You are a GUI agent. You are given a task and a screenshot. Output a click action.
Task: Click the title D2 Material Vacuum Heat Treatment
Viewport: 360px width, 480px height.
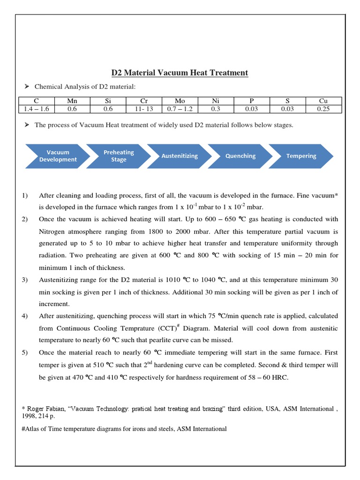point(180,73)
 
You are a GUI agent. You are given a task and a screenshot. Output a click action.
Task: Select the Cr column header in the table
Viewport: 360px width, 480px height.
point(143,101)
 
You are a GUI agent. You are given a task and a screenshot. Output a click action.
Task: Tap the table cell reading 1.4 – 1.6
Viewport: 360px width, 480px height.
point(36,109)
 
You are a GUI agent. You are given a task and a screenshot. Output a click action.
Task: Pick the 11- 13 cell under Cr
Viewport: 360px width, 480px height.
point(143,109)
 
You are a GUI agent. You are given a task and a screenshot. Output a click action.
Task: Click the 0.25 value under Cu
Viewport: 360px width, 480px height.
point(323,109)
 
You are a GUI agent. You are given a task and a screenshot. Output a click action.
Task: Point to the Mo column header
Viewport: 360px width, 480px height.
point(180,101)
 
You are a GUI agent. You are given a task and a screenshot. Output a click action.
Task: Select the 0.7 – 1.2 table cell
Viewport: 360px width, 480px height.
point(180,109)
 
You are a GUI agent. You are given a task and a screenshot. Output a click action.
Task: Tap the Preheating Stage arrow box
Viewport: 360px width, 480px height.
point(119,156)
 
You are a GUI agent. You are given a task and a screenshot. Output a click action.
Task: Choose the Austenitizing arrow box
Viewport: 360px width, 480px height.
point(180,156)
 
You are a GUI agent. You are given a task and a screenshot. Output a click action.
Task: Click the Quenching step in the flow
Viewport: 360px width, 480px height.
point(240,156)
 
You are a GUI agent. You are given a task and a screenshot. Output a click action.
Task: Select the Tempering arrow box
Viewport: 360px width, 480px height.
point(301,156)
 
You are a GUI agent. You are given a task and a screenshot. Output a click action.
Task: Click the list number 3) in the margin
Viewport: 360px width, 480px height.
point(24,280)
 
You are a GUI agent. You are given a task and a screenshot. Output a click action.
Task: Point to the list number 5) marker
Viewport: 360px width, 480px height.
point(24,352)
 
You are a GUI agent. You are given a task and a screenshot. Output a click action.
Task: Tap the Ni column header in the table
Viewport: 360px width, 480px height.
point(216,101)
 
